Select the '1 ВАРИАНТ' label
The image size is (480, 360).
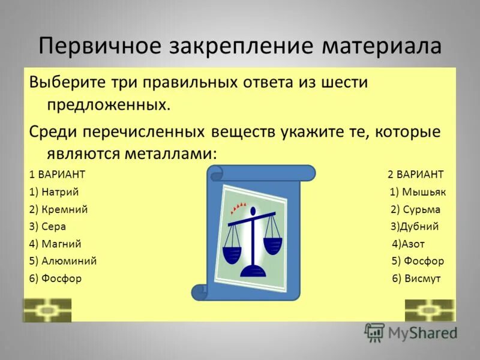point(57,175)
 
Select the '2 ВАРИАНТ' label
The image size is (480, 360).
point(415,175)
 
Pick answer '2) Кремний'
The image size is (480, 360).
point(58,209)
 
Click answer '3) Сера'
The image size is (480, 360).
point(47,227)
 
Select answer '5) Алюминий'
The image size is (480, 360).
point(62,262)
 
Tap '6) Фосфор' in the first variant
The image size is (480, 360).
point(55,279)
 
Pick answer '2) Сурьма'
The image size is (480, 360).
point(415,209)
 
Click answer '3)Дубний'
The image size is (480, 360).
point(415,227)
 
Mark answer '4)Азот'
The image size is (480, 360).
point(408,244)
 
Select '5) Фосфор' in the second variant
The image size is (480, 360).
point(418,262)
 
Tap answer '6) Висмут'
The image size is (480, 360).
point(416,279)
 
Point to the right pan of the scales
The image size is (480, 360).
point(272,245)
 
